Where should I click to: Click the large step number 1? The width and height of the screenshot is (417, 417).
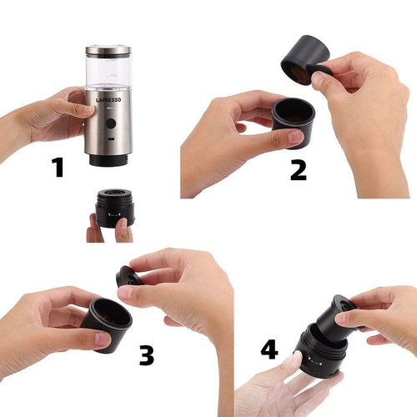pos(58,168)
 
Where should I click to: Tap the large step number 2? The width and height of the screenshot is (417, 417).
pos(299,170)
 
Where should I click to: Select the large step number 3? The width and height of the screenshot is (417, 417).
pos(147,355)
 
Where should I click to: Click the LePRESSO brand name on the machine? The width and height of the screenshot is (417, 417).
pos(108,100)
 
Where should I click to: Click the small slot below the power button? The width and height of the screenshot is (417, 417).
pos(112,138)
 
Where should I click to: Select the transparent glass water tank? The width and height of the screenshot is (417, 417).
pos(108,70)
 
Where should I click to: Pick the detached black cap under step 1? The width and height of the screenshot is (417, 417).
pos(114,208)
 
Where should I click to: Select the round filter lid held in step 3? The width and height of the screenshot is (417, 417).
pos(128,277)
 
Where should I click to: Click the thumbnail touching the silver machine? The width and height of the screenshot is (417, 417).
pos(89,109)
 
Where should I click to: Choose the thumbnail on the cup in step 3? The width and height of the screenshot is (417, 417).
pos(103,339)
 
